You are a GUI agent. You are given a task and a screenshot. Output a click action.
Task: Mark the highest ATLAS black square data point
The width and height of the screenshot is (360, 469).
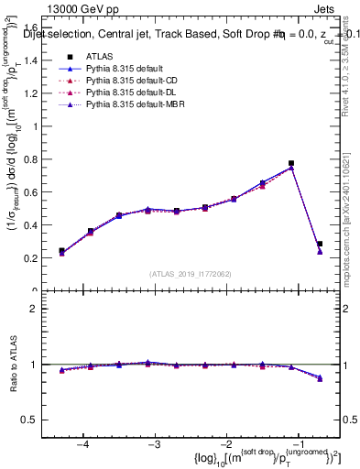point(291,163)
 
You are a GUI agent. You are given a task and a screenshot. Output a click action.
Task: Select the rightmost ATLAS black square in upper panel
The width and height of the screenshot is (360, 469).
point(320,245)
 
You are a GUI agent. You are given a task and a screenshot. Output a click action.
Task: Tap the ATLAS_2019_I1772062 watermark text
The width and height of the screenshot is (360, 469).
point(191,274)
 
